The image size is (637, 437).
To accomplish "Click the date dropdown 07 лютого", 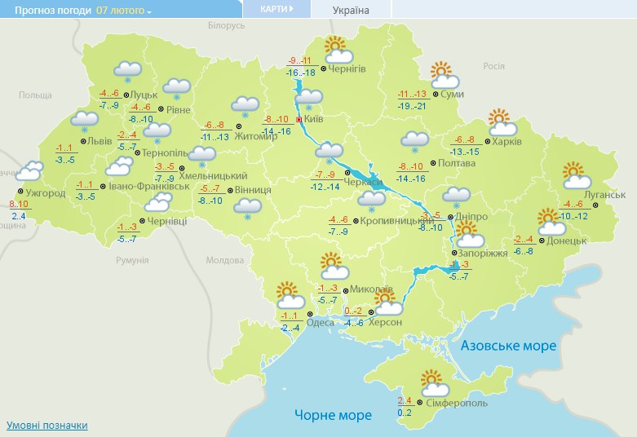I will [124, 11].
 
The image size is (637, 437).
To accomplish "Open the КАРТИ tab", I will [276, 9].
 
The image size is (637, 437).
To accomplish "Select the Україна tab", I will [351, 11].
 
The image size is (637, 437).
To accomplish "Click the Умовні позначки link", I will [46, 426].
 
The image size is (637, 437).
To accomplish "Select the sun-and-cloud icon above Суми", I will [444, 75].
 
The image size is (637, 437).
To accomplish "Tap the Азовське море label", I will [508, 346].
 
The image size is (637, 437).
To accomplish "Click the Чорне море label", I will [333, 415].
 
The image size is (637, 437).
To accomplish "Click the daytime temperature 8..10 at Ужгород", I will [17, 204].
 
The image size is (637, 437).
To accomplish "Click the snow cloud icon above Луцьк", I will [126, 72].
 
